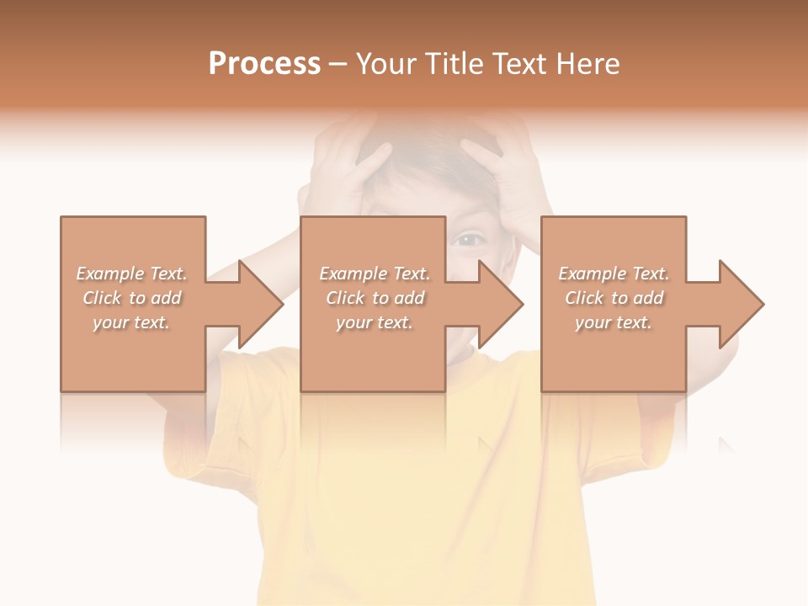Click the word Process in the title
pos(264,64)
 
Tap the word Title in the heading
pos(453,64)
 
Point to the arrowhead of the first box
pos(261,304)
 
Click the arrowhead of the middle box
pos(501,304)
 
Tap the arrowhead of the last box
pos(742,304)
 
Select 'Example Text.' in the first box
pos(132,274)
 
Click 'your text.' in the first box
pos(132,322)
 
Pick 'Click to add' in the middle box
pos(375,298)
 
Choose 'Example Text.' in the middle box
pos(375,274)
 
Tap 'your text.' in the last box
pos(614,322)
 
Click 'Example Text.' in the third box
pos(614,274)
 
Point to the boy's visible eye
pos(468,240)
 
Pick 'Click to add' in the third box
pos(614,298)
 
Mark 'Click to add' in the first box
pos(132,298)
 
